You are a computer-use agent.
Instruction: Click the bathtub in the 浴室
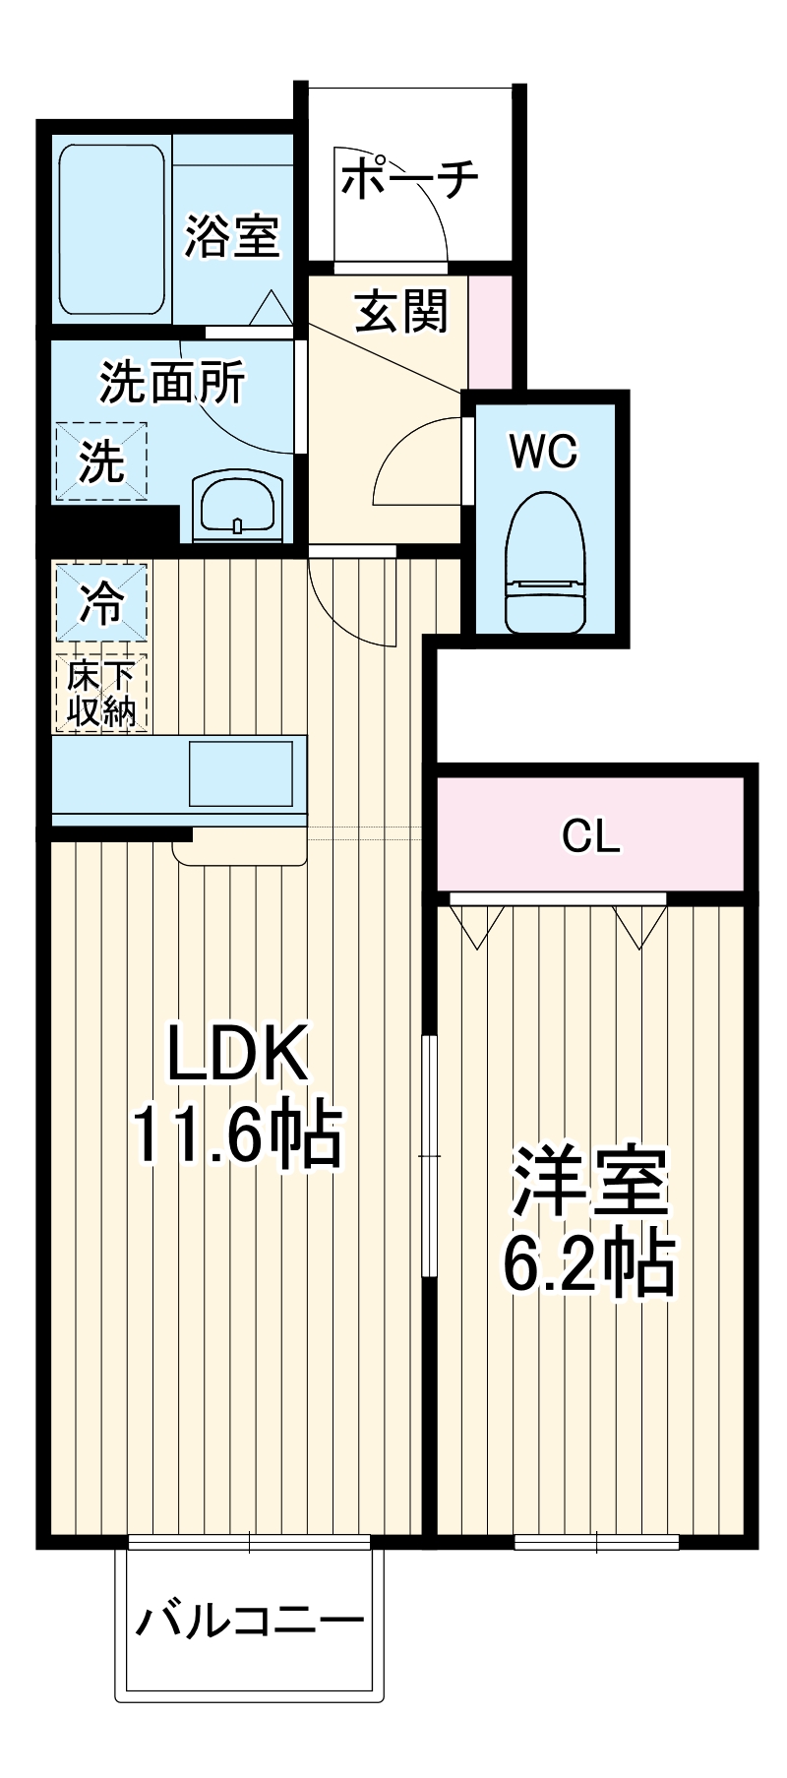point(111,231)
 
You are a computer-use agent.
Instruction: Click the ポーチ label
point(411,178)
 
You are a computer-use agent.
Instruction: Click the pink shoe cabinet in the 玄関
point(490,332)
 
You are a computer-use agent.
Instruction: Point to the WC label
point(543,452)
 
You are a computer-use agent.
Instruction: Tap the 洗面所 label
point(171,383)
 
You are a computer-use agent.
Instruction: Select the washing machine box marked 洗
point(101,461)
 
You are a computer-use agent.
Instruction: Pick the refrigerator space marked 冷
point(101,602)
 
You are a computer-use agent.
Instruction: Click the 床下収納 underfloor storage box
point(101,694)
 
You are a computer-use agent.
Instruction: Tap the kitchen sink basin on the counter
point(240,773)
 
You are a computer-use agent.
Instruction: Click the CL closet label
point(590,836)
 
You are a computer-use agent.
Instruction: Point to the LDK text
point(238,1053)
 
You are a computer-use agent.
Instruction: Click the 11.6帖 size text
point(238,1134)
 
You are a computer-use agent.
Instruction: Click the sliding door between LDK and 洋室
point(429,1155)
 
